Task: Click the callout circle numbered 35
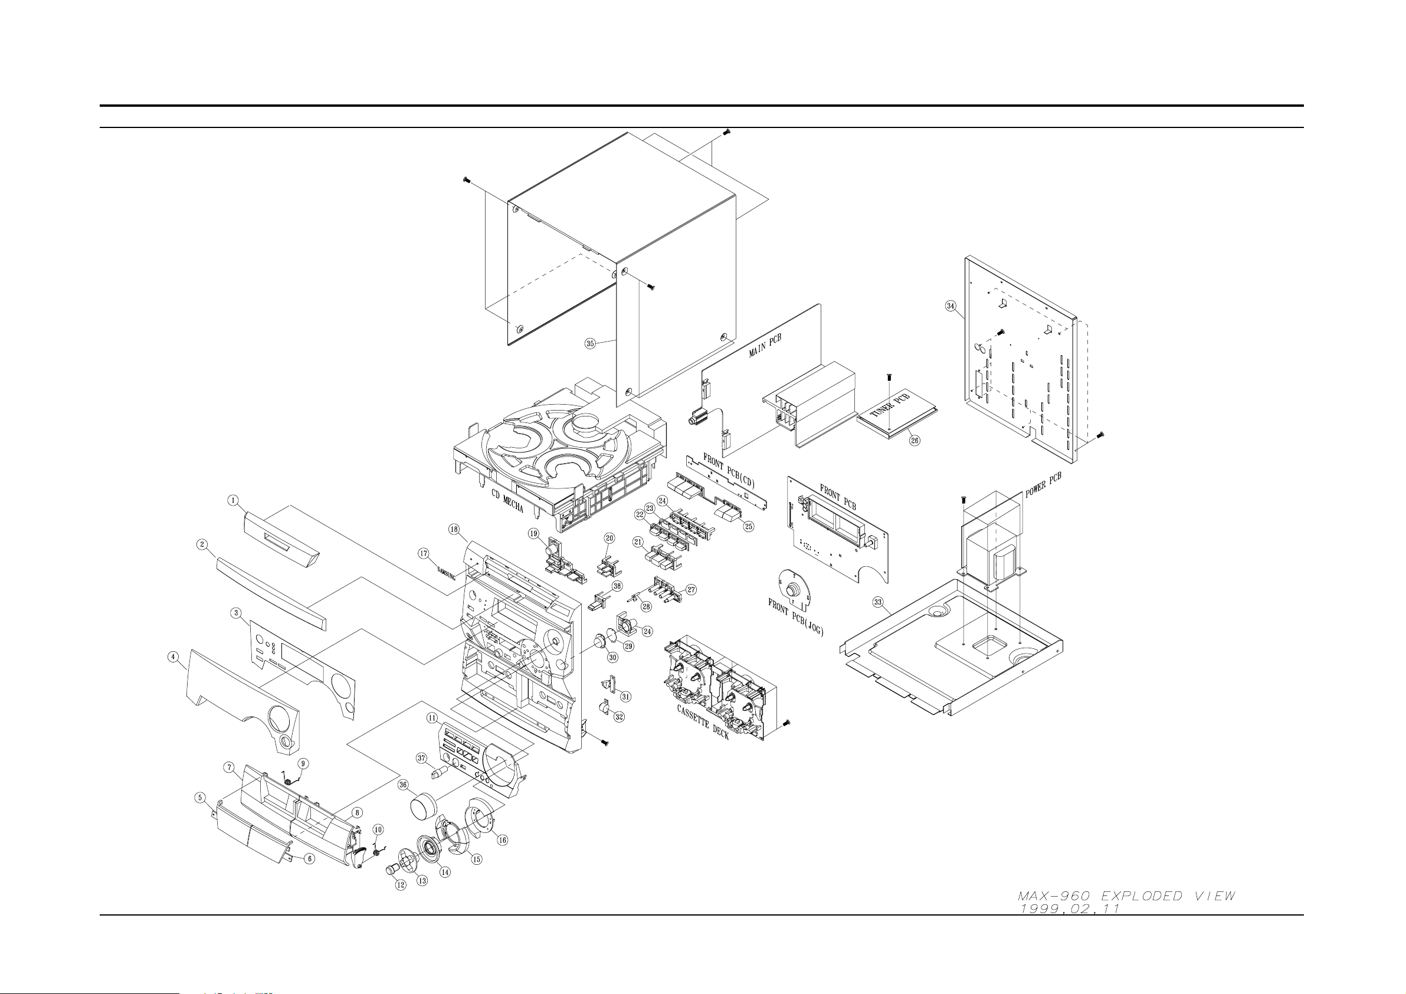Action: click(589, 343)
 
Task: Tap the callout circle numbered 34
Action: click(951, 306)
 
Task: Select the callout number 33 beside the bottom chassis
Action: click(877, 602)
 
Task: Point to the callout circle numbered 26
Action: click(915, 439)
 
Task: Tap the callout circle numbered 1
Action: click(233, 500)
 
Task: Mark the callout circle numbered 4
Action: click(174, 657)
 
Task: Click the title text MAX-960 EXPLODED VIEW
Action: click(1127, 896)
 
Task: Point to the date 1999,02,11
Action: click(1069, 909)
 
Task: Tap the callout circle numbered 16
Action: click(502, 839)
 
